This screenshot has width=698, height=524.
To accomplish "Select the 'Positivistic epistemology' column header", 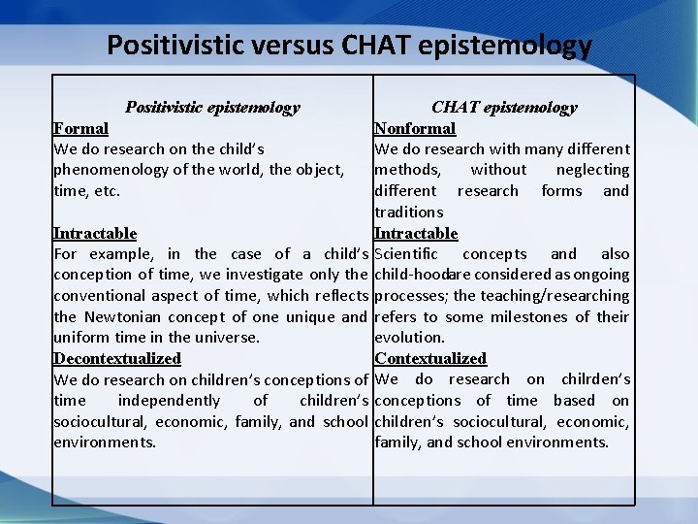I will click(x=212, y=107).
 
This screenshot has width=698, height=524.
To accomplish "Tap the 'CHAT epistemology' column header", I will click(x=504, y=107).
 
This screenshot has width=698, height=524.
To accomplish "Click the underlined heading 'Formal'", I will click(x=80, y=128).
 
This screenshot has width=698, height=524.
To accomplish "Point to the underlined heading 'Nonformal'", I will click(x=415, y=128).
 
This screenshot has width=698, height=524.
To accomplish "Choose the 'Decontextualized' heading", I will click(x=116, y=358).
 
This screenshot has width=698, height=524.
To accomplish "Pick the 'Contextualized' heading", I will click(x=430, y=358).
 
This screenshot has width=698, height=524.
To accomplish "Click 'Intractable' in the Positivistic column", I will click(x=94, y=233).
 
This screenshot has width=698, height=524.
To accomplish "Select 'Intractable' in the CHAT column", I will click(x=416, y=233).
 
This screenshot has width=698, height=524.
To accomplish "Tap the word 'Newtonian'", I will click(x=121, y=316).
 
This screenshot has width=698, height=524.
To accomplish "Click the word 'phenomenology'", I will click(x=107, y=170).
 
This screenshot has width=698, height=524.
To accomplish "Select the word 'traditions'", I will click(x=408, y=212).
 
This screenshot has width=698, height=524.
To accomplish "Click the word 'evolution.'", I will click(x=409, y=338).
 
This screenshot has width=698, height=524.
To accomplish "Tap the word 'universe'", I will click(x=228, y=338).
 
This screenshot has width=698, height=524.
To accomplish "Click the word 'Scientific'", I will click(x=409, y=254).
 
